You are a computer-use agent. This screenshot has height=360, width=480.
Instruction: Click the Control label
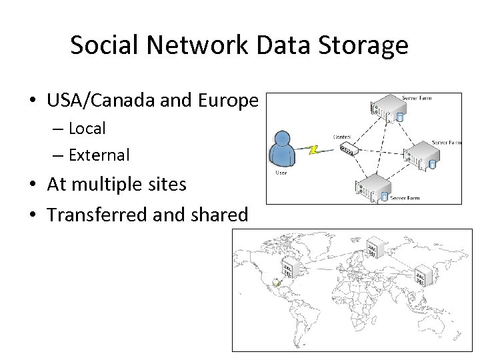342,136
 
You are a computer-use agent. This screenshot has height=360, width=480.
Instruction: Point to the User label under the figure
281,173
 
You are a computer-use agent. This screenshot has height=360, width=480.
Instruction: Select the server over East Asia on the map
424,277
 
